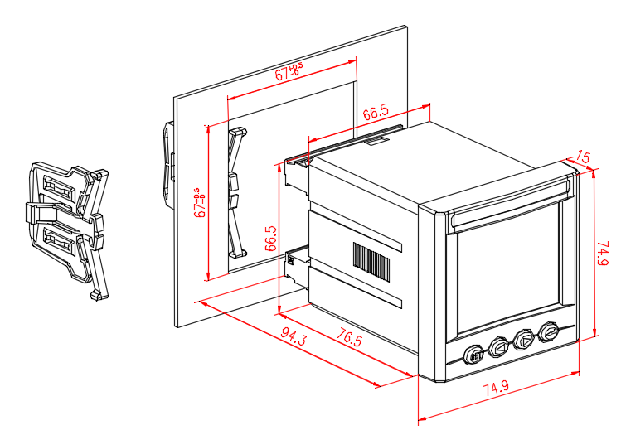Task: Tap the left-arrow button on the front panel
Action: point(499,346)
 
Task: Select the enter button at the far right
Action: point(549,332)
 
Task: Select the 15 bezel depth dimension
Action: point(582,157)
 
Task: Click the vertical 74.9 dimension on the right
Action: point(604,251)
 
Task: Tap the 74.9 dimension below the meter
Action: point(496,390)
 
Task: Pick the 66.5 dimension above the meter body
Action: point(375,113)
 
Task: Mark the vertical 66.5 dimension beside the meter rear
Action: point(269,238)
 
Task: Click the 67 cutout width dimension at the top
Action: point(289,71)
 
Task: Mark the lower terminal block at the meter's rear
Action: point(294,266)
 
